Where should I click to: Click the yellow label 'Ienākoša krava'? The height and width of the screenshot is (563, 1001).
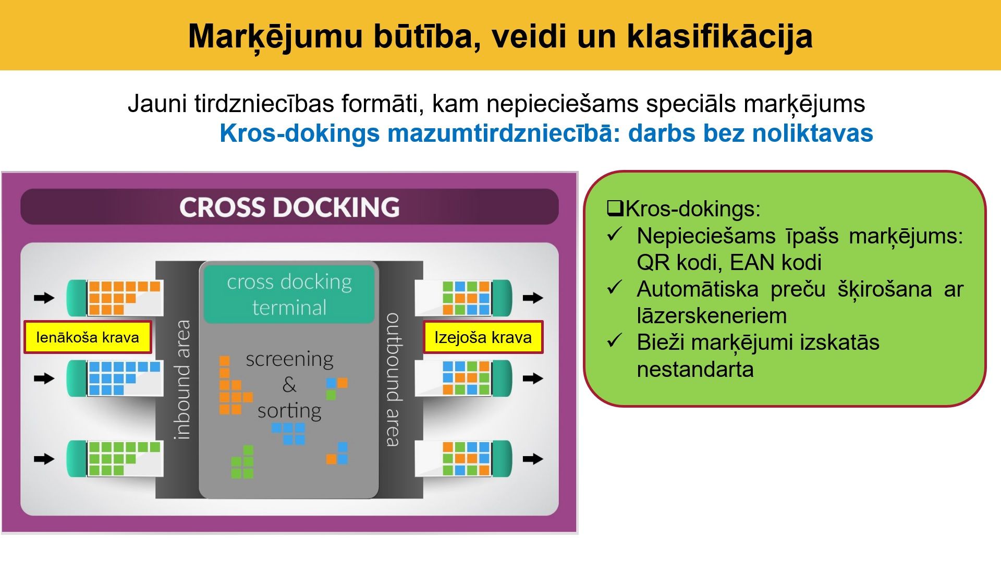pos(88,337)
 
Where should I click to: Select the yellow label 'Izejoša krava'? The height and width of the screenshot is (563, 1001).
pos(483,337)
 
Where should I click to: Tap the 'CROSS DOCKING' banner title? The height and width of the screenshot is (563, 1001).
pos(289,207)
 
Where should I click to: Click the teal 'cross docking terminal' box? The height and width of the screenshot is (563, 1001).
pos(289,294)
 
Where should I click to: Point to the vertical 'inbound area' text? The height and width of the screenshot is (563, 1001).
pos(182,380)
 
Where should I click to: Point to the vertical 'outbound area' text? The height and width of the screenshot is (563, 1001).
pos(393,380)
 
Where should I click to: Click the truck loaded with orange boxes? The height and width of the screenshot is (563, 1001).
pos(115,298)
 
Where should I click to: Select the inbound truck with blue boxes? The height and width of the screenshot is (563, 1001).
pos(115,378)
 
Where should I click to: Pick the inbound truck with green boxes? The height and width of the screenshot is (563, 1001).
pos(115,458)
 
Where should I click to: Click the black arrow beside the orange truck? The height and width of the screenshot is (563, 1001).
pos(44,298)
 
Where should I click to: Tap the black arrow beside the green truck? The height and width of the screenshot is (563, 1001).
pos(44,459)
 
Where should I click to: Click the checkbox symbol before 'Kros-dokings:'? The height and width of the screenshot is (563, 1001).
pos(615,209)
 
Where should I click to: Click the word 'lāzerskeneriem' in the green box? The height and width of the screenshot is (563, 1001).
pos(712,316)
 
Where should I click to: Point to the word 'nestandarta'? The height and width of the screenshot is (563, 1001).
pos(695,370)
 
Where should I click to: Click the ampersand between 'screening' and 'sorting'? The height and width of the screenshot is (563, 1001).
pos(289,385)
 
